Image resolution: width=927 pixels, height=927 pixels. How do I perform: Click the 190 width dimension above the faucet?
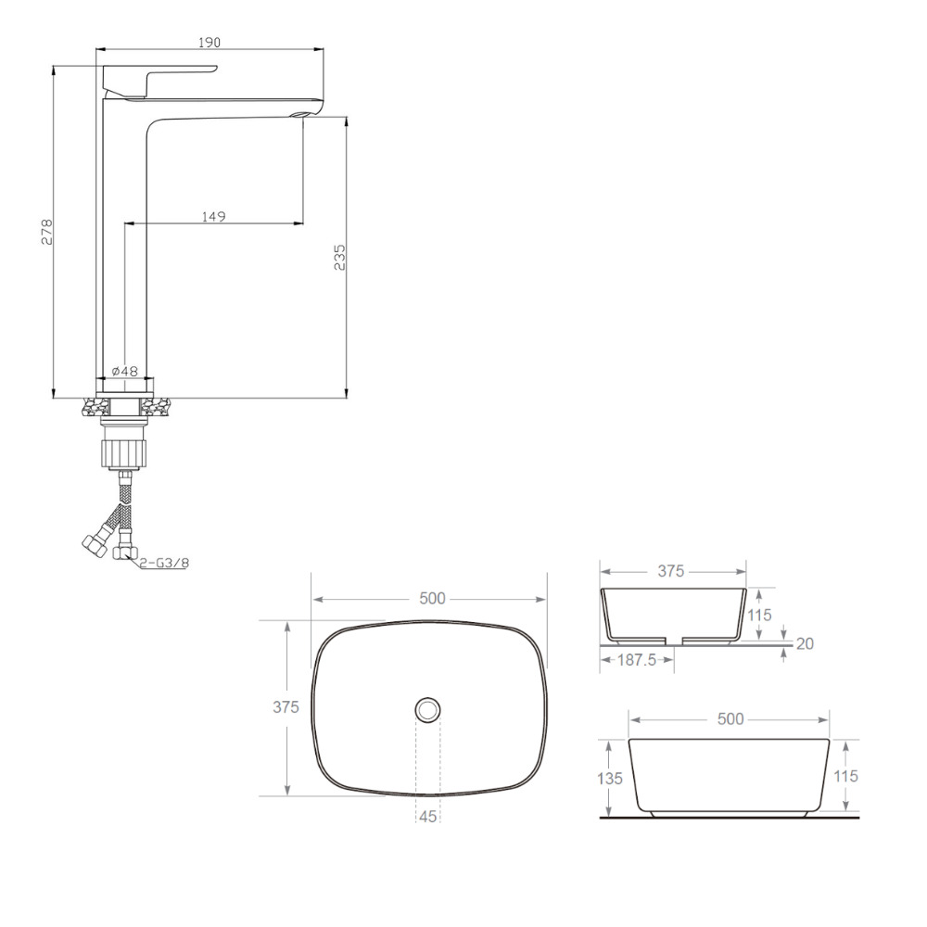coord(210,43)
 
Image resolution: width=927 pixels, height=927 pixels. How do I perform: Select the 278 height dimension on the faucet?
coord(46,232)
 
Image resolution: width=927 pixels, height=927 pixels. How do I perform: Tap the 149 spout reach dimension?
coord(213,216)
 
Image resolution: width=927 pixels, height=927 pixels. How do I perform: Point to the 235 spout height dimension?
coord(339,257)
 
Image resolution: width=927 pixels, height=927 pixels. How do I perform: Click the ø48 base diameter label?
coord(124,372)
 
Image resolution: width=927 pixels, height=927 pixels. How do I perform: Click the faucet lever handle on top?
coord(159,79)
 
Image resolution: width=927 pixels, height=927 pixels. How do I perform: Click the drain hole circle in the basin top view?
coord(428,709)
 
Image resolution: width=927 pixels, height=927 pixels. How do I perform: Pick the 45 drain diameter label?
coord(427,817)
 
